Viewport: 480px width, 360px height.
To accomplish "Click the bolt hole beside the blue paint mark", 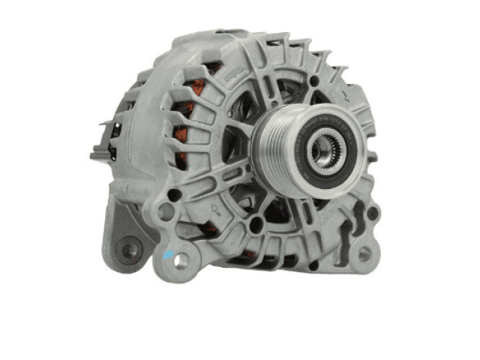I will coord(182,259).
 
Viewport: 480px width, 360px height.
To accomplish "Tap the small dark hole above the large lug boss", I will coord(174,194).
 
